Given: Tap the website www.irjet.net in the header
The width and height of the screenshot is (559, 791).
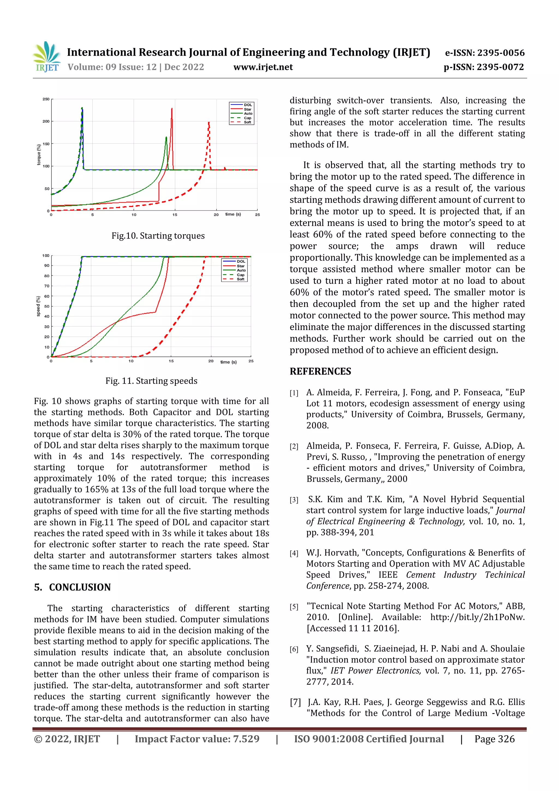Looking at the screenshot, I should tap(263, 67).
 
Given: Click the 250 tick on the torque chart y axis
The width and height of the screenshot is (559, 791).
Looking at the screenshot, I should tap(46, 99).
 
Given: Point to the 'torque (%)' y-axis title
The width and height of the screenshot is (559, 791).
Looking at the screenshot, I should tap(39, 154).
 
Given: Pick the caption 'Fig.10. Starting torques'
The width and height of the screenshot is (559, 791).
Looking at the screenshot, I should tap(158, 236).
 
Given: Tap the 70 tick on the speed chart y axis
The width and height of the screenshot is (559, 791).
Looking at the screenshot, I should tap(46, 286).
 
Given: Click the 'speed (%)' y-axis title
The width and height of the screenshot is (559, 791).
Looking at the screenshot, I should tap(38, 306).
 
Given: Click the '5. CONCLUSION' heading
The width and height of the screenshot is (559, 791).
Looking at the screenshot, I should tap(73, 587).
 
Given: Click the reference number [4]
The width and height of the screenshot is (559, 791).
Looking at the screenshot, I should tap(294, 553).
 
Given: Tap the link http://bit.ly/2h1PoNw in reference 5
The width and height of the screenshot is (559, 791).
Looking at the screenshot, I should tap(477, 617).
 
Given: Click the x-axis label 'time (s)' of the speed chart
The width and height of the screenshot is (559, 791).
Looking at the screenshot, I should tap(228, 362).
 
